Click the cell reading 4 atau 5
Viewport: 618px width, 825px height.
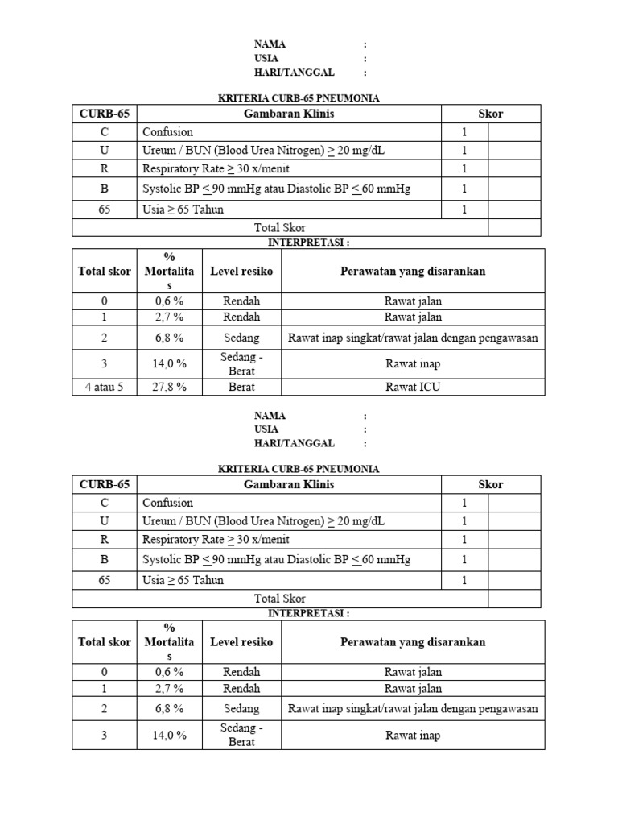pos(105,387)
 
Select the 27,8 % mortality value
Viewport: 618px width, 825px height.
pos(169,387)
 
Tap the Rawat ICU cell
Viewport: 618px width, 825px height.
pos(413,387)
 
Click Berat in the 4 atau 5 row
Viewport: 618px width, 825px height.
pos(241,387)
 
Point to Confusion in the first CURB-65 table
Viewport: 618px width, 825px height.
pos(167,131)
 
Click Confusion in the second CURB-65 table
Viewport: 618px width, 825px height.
pos(167,503)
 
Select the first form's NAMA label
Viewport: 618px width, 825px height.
pos(270,44)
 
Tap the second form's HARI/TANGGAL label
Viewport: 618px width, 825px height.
pos(294,443)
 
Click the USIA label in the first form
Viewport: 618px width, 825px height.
pos(266,58)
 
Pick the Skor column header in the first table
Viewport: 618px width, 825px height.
pos(490,114)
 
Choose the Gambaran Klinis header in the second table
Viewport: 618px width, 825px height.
pos(289,485)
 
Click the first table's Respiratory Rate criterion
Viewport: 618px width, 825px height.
pos(216,168)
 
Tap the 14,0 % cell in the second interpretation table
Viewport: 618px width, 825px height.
pos(169,735)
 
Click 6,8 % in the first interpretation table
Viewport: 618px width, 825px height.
pos(169,338)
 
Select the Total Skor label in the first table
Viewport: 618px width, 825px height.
pos(279,228)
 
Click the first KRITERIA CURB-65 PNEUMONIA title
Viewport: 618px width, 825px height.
pos(299,98)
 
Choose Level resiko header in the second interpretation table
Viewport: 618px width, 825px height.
pos(241,642)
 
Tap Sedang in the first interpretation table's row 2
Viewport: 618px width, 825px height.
pos(241,338)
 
